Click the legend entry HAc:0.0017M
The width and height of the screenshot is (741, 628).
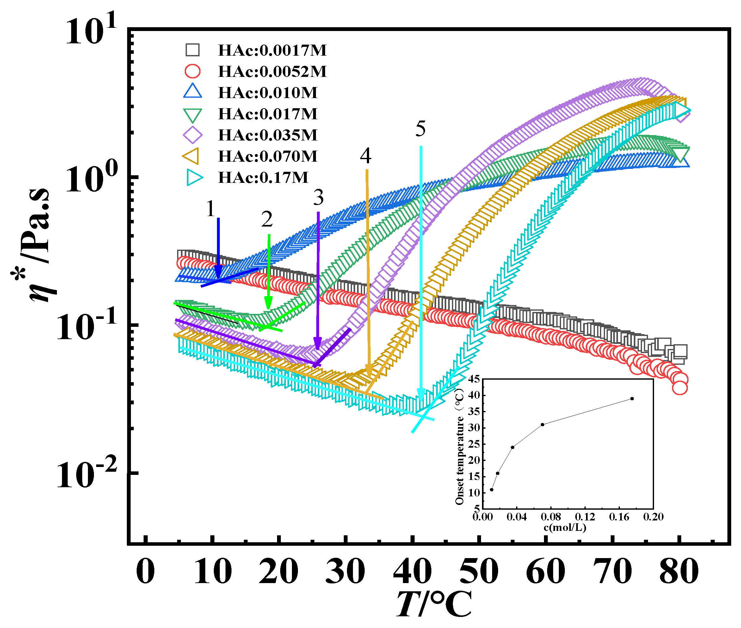pos(272,50)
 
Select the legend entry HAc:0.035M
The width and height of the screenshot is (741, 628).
pos(267,135)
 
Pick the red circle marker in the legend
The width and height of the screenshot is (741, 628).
pos(193,71)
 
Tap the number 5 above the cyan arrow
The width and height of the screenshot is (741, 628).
pos(420,128)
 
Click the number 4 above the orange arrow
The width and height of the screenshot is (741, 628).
pos(366,156)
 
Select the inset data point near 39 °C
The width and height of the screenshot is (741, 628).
pos(632,398)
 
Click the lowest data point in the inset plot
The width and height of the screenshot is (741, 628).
pos(491,489)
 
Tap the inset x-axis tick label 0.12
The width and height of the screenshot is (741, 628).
pos(585,517)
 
